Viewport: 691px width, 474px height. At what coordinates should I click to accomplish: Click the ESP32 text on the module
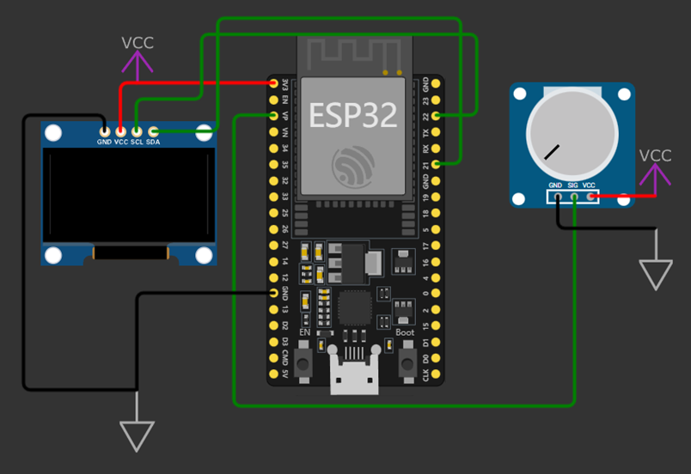coord(353,114)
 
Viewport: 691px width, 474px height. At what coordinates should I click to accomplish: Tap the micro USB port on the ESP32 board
coord(355,378)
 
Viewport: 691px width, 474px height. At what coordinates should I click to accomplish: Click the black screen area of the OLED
coord(128,196)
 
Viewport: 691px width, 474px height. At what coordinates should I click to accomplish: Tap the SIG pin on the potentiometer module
coord(573,197)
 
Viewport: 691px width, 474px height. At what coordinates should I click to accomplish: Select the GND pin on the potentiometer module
coord(556,197)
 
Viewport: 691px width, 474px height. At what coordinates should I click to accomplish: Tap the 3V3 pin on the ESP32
coord(274,83)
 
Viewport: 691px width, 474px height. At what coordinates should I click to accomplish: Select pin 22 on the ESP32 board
coord(437,114)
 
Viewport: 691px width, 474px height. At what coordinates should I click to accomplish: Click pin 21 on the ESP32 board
coord(437,162)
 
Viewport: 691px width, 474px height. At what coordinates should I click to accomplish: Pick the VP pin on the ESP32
coord(274,115)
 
